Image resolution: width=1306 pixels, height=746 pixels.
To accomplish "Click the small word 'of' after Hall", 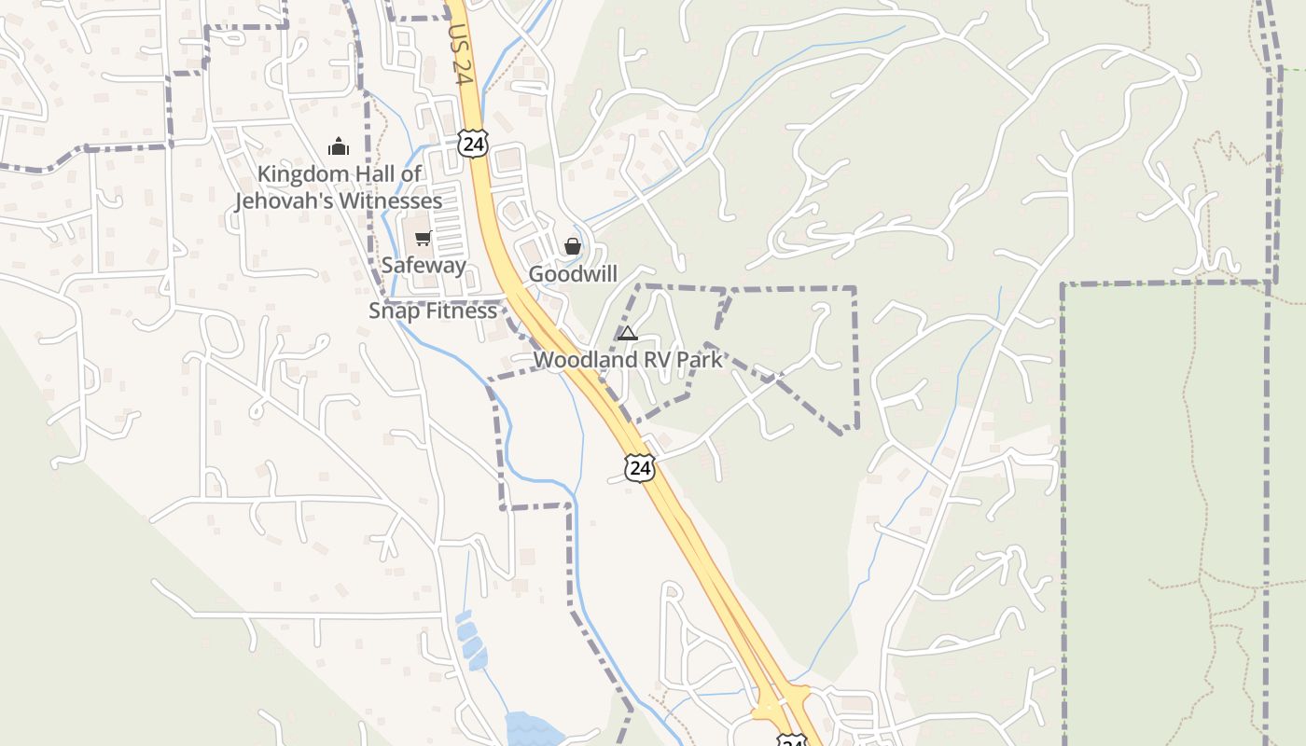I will click(x=411, y=174).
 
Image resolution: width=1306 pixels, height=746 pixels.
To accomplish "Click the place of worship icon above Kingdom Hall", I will click(x=338, y=146).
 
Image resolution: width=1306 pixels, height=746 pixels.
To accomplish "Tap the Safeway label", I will click(x=424, y=266).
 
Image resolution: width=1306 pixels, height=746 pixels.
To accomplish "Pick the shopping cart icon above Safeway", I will click(x=423, y=239).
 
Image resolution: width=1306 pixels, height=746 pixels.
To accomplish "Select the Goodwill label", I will click(x=573, y=274).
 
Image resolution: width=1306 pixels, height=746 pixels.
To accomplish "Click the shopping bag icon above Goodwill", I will click(x=573, y=246).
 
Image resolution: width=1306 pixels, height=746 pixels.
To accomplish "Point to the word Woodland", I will click(x=583, y=360).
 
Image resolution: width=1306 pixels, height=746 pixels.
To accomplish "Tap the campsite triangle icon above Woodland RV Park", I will click(x=628, y=333).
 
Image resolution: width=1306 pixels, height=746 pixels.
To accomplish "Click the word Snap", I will click(x=391, y=311).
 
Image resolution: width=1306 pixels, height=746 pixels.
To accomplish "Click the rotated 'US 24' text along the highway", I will click(x=461, y=55).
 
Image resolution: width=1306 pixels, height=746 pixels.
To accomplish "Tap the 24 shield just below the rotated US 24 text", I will click(x=473, y=144).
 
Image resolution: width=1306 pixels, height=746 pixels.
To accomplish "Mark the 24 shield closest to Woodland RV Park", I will click(x=640, y=468).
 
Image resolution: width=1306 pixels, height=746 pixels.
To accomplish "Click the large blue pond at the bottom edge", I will click(x=529, y=728).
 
